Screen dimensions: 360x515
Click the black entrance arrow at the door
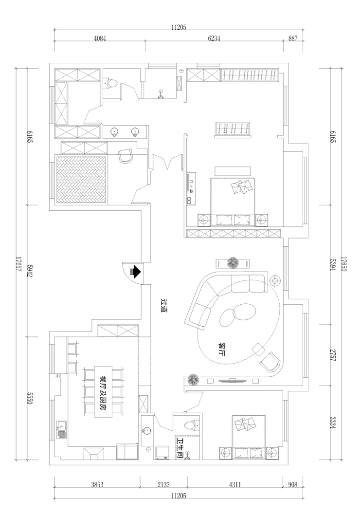136,272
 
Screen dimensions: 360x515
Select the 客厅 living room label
222,350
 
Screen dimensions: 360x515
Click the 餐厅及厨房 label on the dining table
103,392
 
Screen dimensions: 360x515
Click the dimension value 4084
100,38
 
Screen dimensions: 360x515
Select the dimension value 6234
214,38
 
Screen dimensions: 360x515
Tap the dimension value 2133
163,484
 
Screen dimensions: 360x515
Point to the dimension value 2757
332,355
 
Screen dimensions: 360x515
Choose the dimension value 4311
235,484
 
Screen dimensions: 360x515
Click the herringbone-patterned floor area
82,180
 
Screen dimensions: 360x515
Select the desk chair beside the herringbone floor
126,156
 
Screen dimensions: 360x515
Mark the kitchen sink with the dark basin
61,430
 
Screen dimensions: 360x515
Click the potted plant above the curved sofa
233,263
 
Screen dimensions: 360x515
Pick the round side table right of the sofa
275,281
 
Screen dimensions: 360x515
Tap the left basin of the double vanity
114,132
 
